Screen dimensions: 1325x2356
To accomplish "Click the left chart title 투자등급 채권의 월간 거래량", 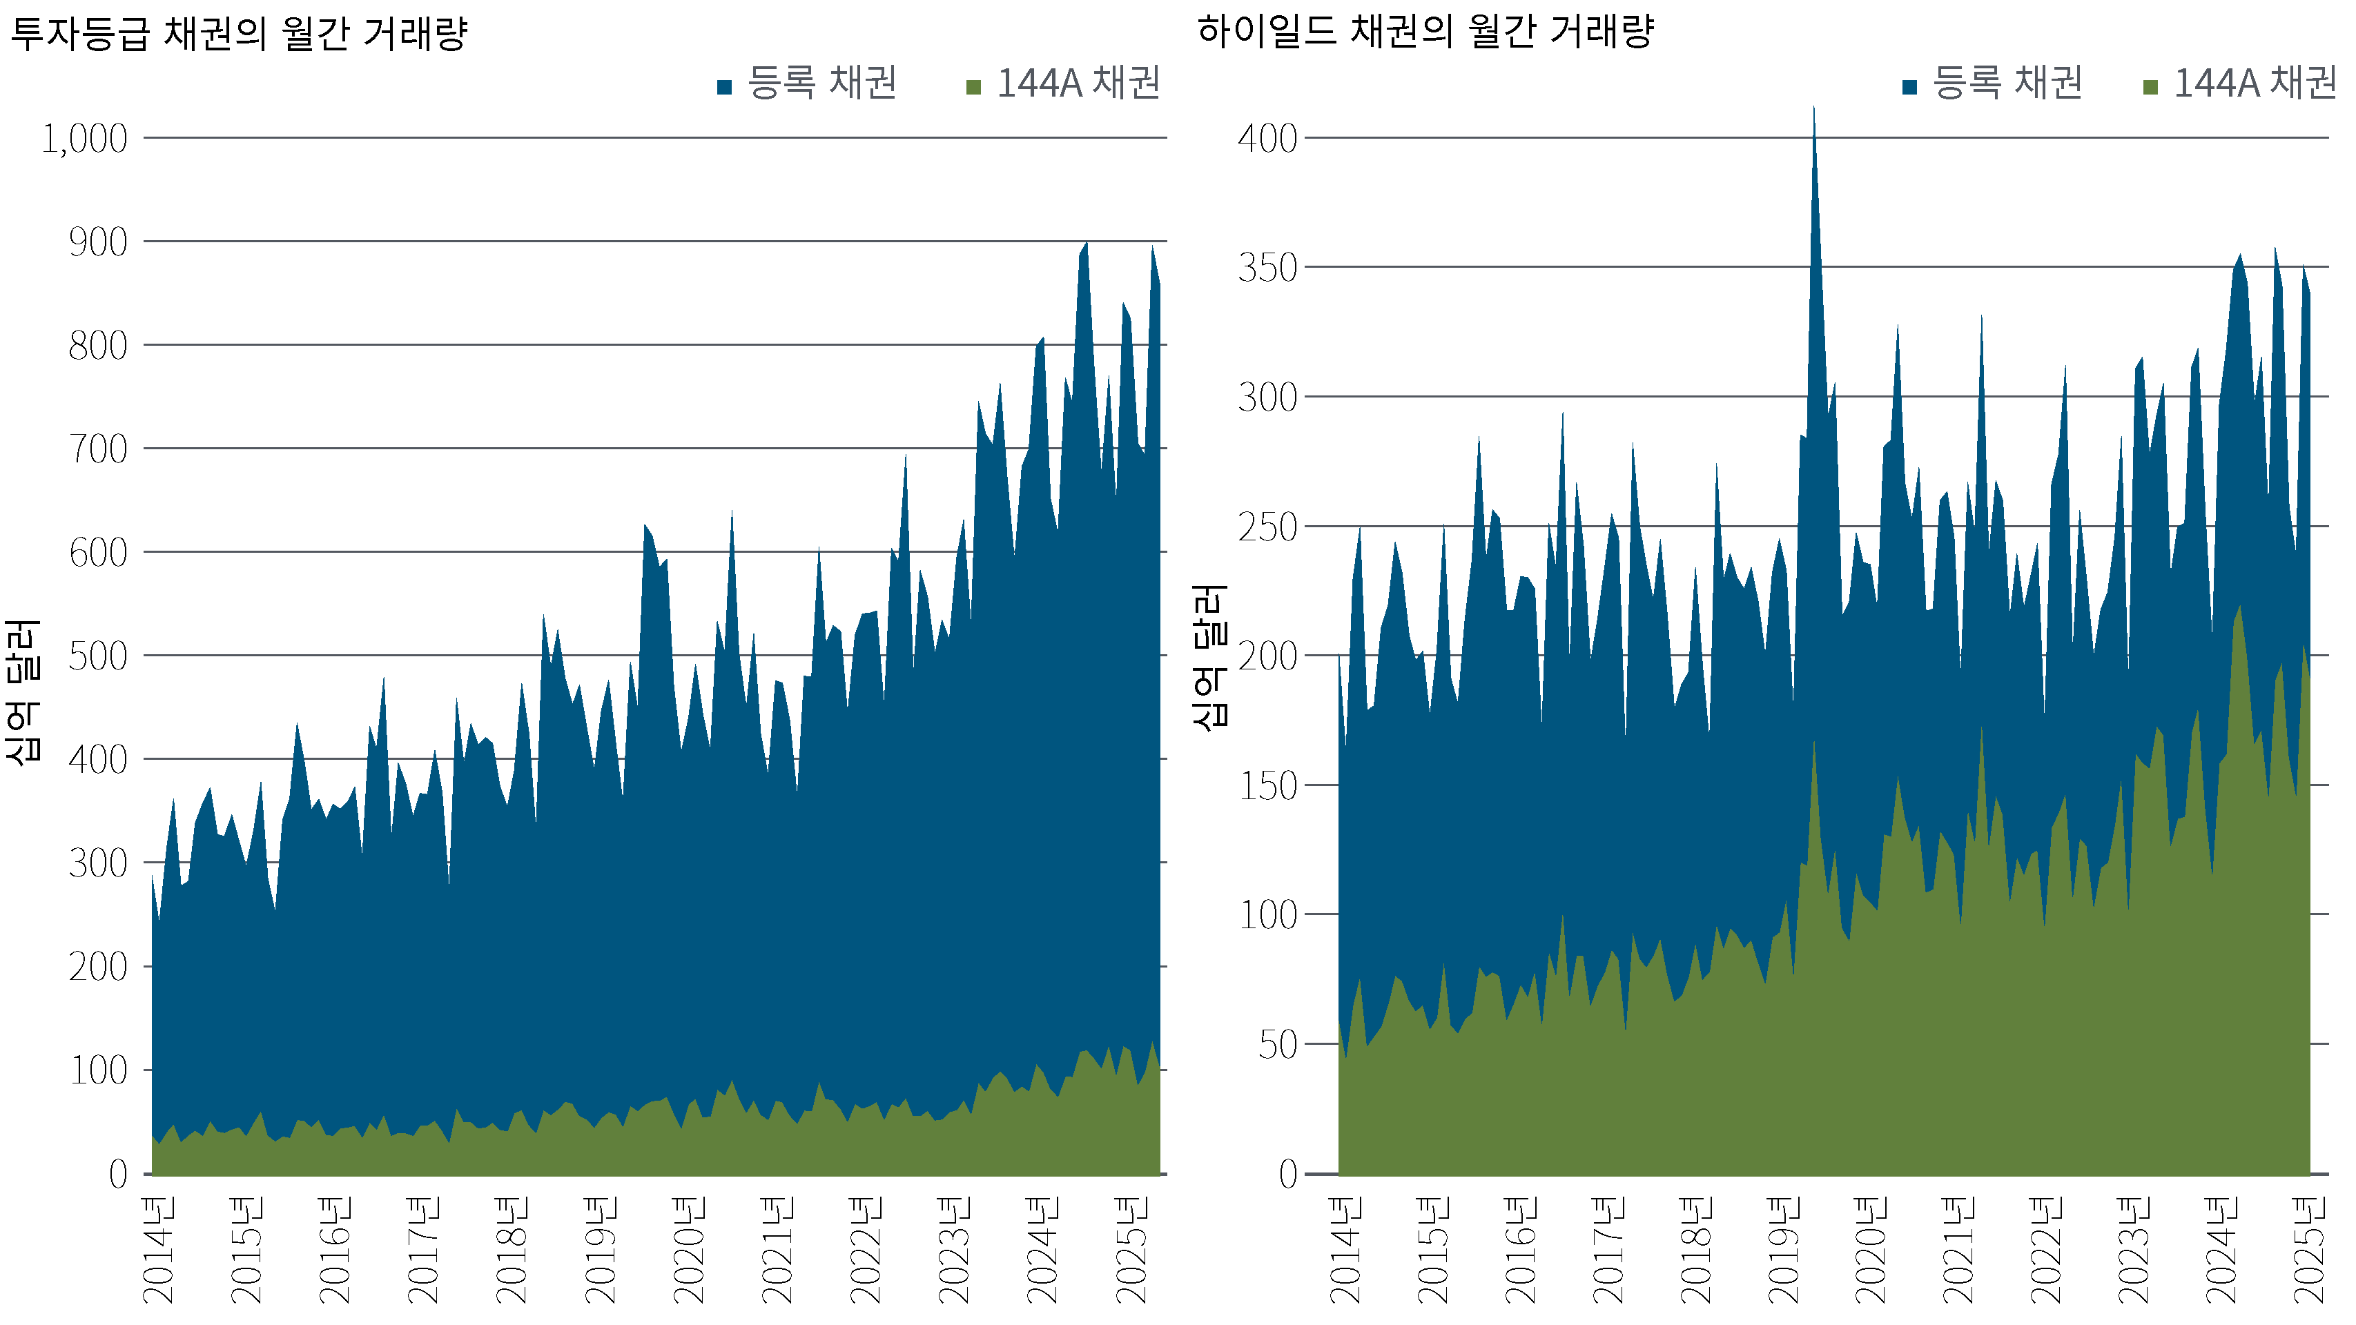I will click(x=237, y=35).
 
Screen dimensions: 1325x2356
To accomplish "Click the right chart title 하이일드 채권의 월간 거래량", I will click(x=1425, y=33).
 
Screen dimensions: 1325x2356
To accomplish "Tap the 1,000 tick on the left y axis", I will click(x=84, y=139).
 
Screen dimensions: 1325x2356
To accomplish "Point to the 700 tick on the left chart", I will click(x=98, y=449).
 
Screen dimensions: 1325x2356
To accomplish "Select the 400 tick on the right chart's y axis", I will click(x=1267, y=139).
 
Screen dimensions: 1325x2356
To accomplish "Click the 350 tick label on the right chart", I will click(x=1267, y=269).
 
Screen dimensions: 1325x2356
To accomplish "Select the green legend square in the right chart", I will click(x=2150, y=88).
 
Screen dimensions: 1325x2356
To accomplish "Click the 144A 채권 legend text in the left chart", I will click(x=1078, y=84).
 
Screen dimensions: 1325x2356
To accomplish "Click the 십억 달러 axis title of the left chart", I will click(x=22, y=691).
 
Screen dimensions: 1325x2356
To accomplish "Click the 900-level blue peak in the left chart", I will click(x=1086, y=245).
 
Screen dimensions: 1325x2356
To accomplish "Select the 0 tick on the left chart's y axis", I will click(x=118, y=1174).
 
